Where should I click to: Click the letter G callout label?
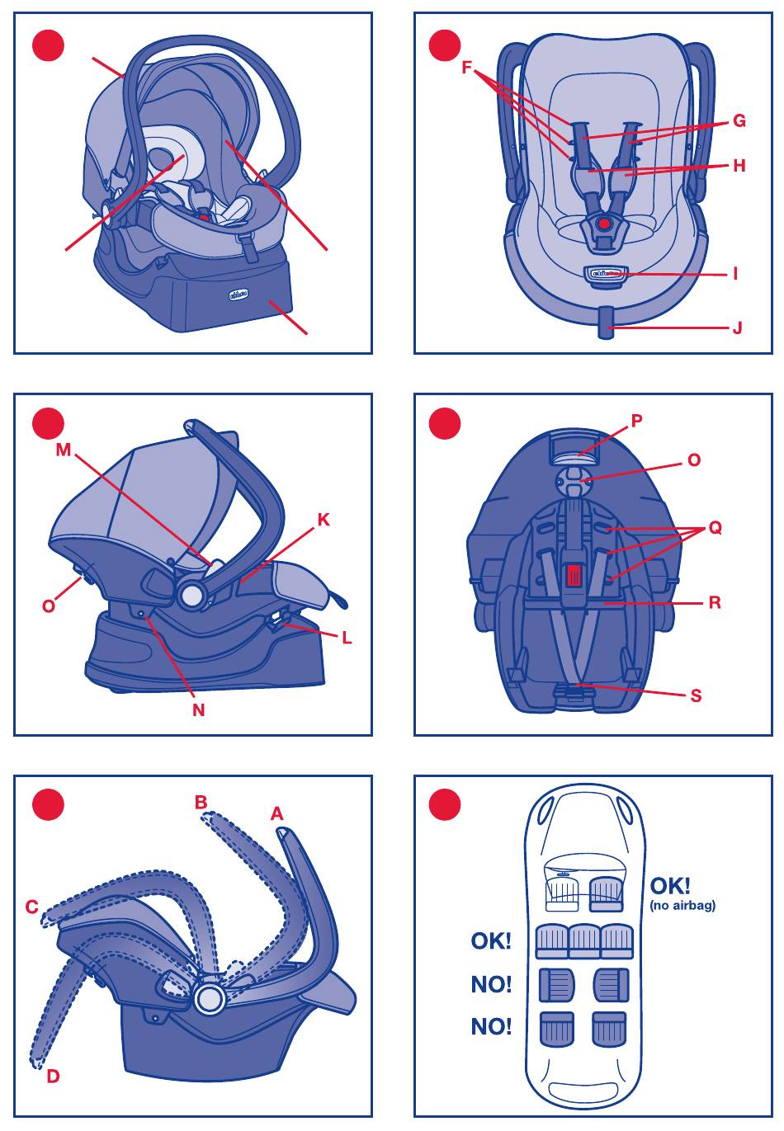click(739, 121)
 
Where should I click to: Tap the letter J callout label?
click(737, 328)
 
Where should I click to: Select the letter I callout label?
click(735, 274)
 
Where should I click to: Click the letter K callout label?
click(324, 520)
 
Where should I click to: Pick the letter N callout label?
click(198, 709)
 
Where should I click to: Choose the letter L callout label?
click(347, 638)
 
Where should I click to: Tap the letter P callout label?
click(636, 421)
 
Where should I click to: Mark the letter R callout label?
click(715, 603)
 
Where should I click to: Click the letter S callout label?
click(696, 695)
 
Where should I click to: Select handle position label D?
click(53, 1076)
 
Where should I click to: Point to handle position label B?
click(201, 802)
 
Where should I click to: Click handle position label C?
click(32, 907)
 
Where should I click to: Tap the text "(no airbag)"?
click(682, 905)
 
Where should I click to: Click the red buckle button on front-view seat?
click(605, 223)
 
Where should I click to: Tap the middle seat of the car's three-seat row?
click(584, 940)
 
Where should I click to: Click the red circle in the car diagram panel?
click(445, 804)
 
